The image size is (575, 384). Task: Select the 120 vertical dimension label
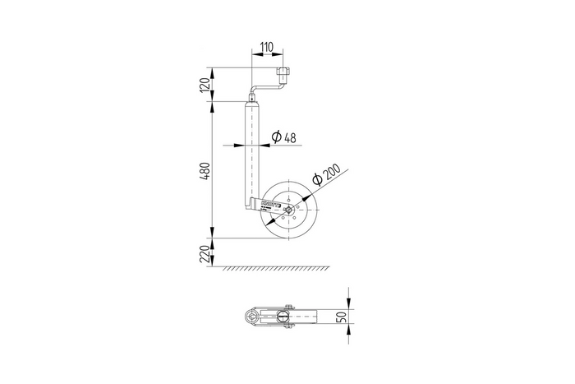coord(206,84)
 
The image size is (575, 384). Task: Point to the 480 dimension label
coord(206,170)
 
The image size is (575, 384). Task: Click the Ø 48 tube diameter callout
coord(283,136)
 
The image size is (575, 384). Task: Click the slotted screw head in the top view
coord(283,317)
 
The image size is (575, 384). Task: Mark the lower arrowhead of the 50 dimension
coord(348,327)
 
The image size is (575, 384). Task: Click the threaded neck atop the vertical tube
coord(251,98)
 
